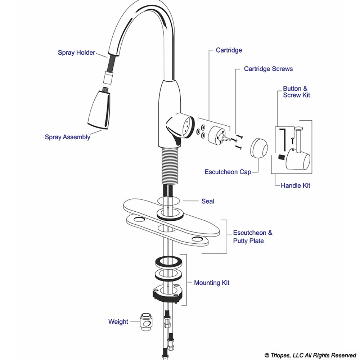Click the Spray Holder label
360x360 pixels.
pos(76,53)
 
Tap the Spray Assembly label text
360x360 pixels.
pos(67,137)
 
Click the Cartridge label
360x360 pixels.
pos(229,50)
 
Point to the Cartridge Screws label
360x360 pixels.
pos(268,68)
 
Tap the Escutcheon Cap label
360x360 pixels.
pos(228,172)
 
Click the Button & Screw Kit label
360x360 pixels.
pos(296,92)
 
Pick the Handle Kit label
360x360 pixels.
pos(295,186)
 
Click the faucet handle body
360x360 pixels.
pos(298,160)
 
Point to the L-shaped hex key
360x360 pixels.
pos(283,139)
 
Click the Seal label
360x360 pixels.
pos(208,201)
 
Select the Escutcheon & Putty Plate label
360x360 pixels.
pos(252,237)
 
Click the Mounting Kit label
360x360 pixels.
pos(211,283)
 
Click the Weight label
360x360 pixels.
pos(118,321)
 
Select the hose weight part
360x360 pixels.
pos(145,322)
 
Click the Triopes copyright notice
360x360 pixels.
pos(310,355)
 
